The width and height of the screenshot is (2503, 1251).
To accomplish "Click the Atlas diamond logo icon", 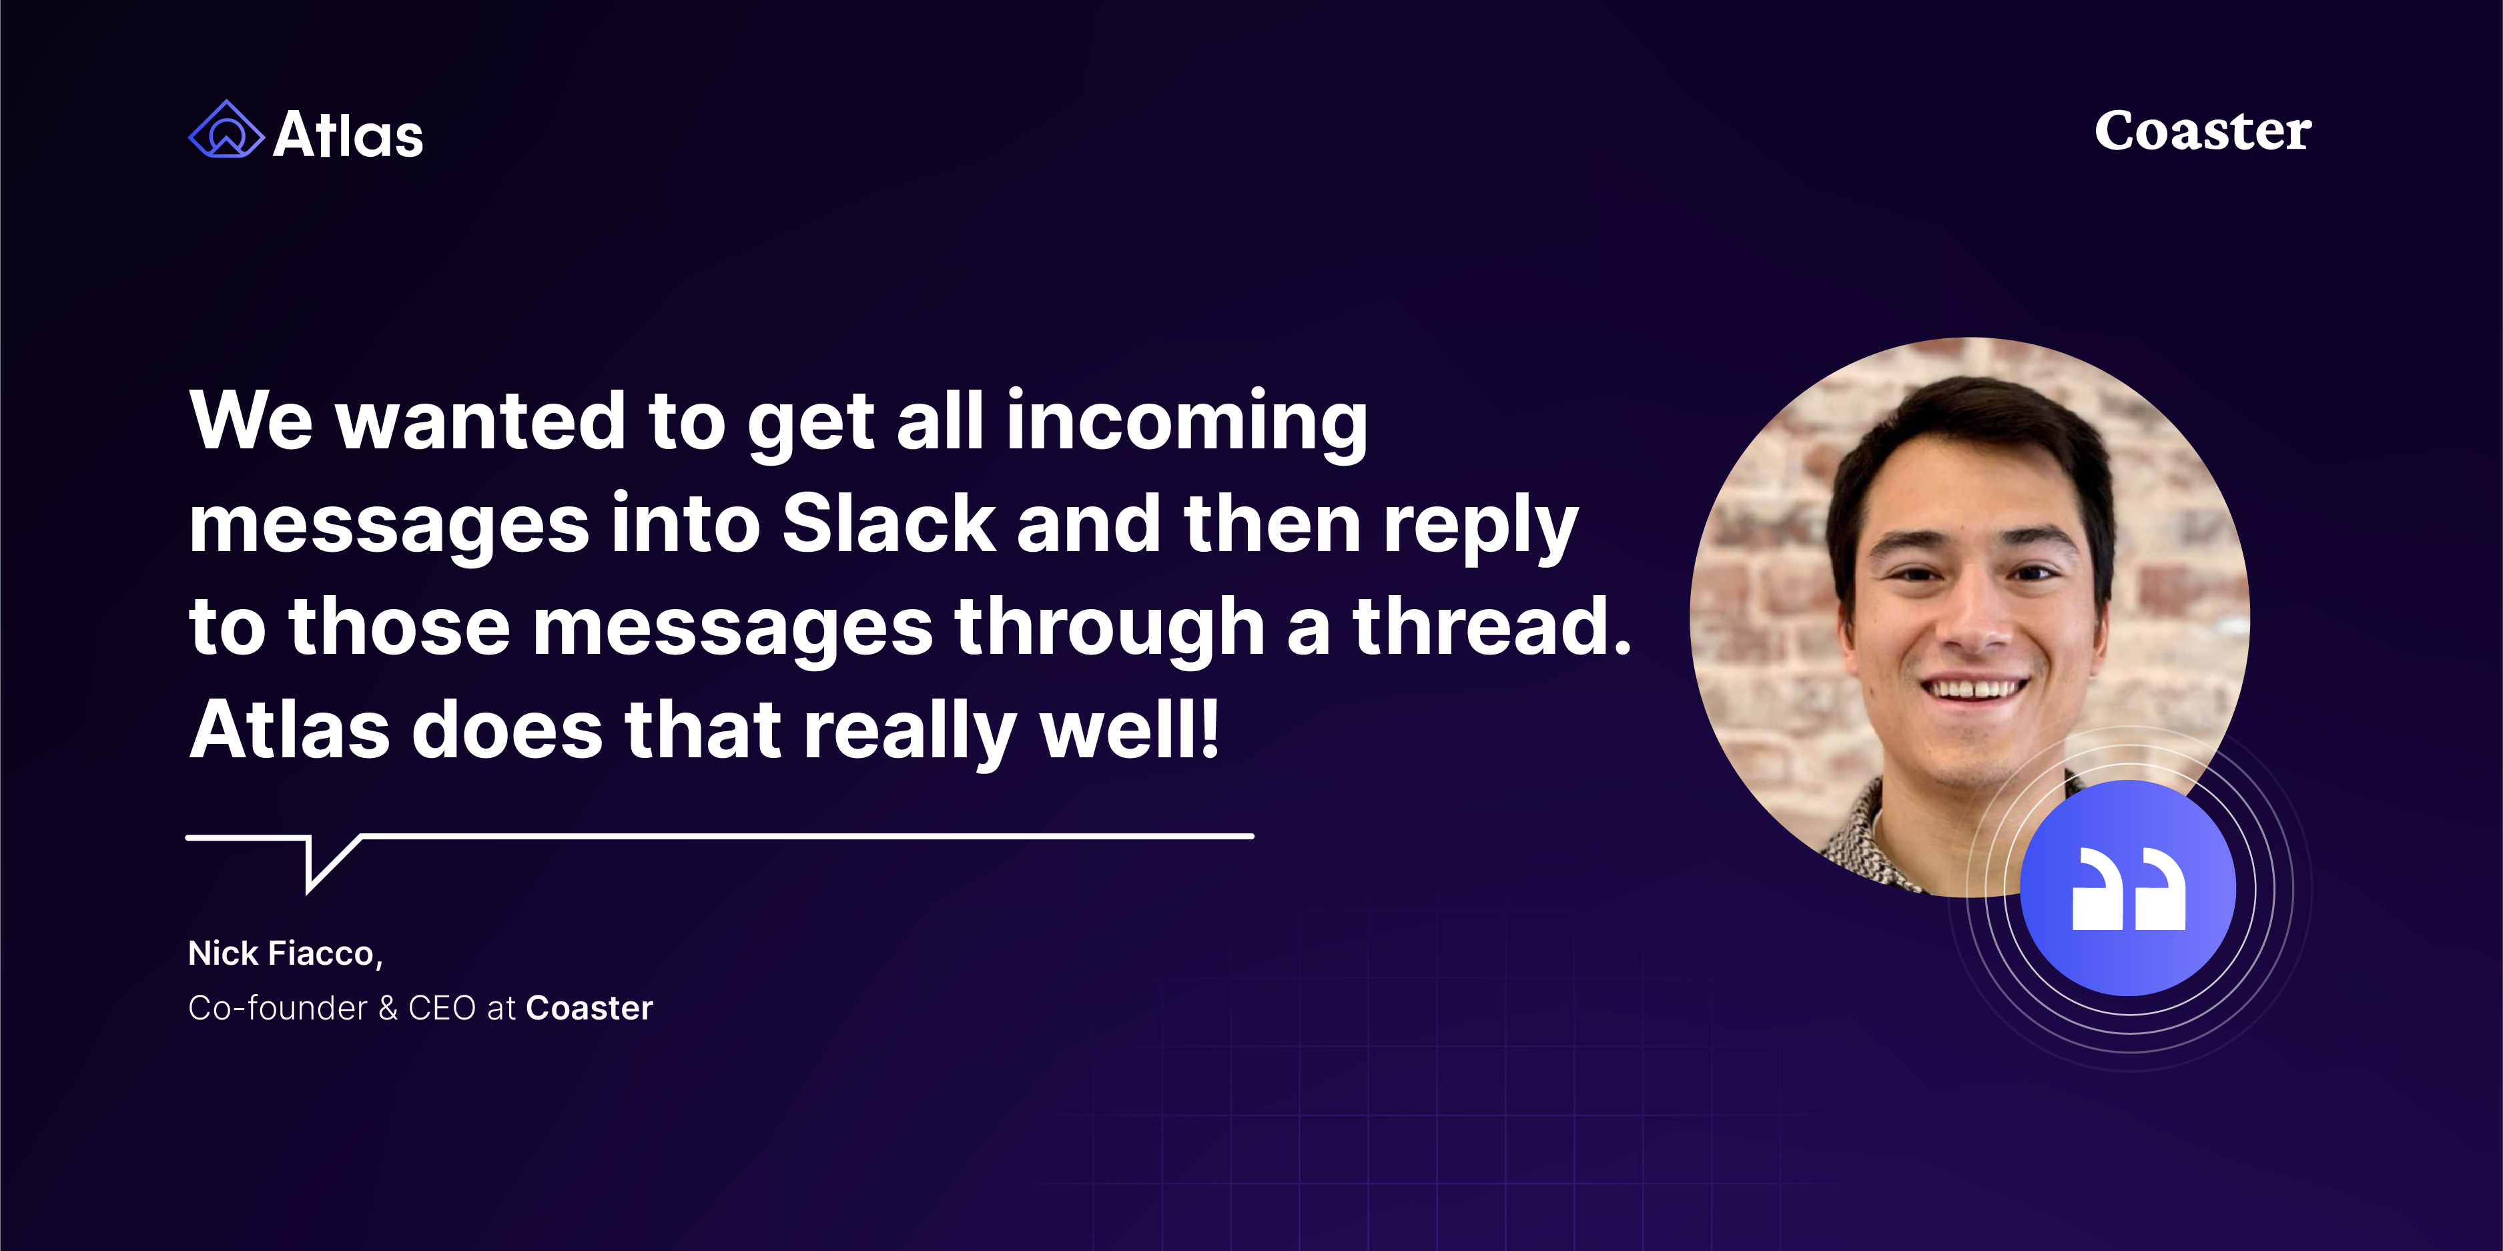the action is pyautogui.click(x=226, y=129).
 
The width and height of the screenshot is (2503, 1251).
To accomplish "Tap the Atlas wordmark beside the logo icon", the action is pyautogui.click(x=348, y=134).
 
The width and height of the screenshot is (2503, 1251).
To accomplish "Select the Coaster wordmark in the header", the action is pyautogui.click(x=2203, y=131).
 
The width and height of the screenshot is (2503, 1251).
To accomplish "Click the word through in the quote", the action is pyautogui.click(x=1110, y=631).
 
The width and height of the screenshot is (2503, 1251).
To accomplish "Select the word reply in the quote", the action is pyautogui.click(x=1480, y=527).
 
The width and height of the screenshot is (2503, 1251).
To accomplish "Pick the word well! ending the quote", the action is pyautogui.click(x=1129, y=729).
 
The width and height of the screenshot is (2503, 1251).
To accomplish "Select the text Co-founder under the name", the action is pyautogui.click(x=278, y=1008).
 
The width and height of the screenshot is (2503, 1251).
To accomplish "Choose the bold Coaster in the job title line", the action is pyautogui.click(x=589, y=1008).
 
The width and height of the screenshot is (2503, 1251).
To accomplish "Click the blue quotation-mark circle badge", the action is pyautogui.click(x=2128, y=888).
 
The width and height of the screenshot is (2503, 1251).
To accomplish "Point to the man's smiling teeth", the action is pyautogui.click(x=1975, y=689).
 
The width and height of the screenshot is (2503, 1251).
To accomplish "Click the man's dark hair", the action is pyautogui.click(x=1973, y=428).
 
